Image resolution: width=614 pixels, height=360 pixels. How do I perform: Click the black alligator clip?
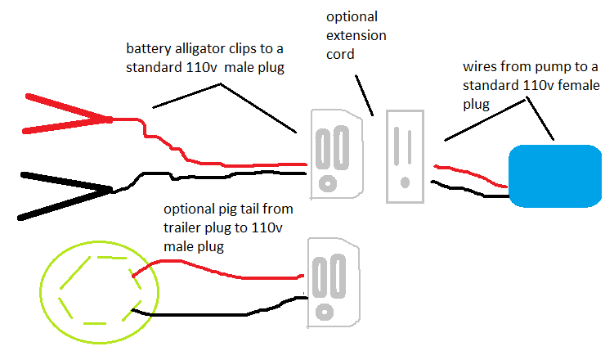(65, 195)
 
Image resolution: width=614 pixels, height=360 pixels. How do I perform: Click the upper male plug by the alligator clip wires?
(336, 155)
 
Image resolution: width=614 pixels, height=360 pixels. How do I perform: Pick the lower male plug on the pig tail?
(330, 283)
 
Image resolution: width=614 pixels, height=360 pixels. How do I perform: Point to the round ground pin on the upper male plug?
(328, 182)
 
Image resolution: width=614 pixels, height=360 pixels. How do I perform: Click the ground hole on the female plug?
(405, 180)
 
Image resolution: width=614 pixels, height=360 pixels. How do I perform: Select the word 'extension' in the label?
(356, 36)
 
